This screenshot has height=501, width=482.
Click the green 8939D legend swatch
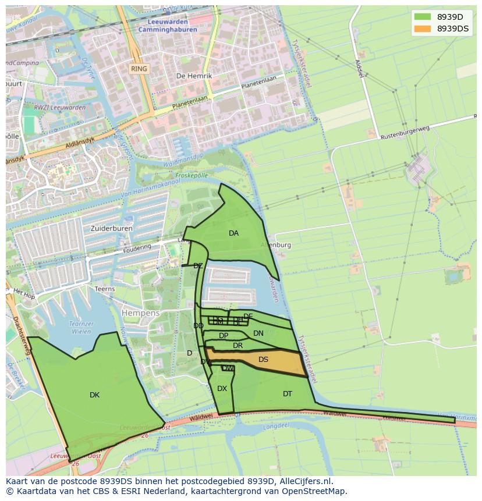(x=423, y=16)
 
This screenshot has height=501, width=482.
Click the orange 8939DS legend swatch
(x=423, y=29)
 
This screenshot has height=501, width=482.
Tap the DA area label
(x=233, y=233)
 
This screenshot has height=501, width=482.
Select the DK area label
(x=94, y=395)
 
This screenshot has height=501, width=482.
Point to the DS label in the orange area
(x=263, y=360)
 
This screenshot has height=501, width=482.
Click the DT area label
(x=288, y=394)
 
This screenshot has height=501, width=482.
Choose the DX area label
(x=222, y=389)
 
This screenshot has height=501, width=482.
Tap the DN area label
(x=258, y=333)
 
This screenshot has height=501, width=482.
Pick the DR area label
(x=238, y=346)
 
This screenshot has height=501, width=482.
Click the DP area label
(x=224, y=336)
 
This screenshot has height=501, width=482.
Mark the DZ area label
(x=198, y=266)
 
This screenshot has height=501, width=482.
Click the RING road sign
(x=139, y=69)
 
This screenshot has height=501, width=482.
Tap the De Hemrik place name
(x=194, y=76)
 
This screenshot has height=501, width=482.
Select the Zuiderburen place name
(x=111, y=229)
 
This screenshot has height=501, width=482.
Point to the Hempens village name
(x=140, y=313)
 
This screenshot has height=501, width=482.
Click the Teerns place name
(x=105, y=289)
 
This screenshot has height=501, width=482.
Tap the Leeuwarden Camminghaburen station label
(x=168, y=25)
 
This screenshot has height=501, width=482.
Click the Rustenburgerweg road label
(x=405, y=134)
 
